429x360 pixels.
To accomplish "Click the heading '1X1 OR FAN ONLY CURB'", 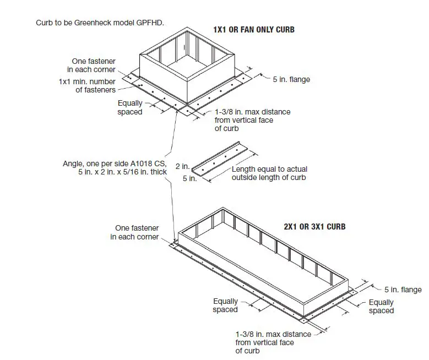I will [x=253, y=29].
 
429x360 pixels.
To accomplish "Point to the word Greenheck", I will [x=92, y=23].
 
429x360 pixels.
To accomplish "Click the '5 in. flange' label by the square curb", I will [x=291, y=79].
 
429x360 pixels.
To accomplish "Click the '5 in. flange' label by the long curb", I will [x=403, y=290].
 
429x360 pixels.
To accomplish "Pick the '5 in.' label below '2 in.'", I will [x=189, y=178].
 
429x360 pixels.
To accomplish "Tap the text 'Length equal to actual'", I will [x=268, y=169].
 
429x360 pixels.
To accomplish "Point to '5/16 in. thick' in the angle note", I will [x=149, y=172].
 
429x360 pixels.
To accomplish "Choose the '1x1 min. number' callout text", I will [x=87, y=81].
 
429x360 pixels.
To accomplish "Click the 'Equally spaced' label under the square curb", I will [x=130, y=107].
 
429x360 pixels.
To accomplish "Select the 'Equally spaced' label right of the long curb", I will [x=381, y=306].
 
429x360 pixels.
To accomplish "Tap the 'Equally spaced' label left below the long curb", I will [x=225, y=305].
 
